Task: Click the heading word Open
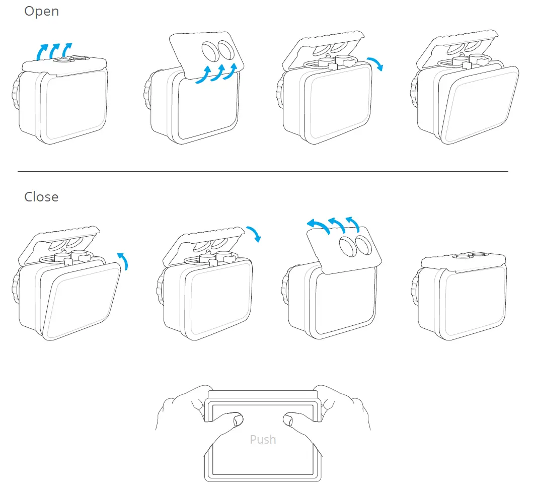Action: [41, 11]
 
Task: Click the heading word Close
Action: [41, 196]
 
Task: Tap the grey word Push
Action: [263, 439]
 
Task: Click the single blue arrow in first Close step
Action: [123, 261]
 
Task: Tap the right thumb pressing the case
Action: [292, 418]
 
